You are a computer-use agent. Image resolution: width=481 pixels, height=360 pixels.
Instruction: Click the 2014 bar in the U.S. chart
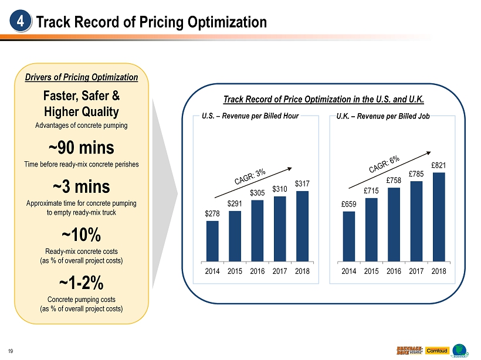[x=212, y=240]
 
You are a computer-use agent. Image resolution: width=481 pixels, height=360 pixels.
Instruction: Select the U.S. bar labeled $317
[x=303, y=226]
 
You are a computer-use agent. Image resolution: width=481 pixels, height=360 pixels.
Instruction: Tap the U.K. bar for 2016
[x=394, y=224]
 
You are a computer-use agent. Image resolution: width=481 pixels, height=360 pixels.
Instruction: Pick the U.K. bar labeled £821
[x=439, y=216]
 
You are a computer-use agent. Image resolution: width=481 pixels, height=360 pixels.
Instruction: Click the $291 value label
[x=235, y=203]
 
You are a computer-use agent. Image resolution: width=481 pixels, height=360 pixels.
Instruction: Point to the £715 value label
[x=371, y=191]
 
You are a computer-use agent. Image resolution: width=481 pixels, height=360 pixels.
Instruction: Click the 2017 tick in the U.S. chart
[x=280, y=271]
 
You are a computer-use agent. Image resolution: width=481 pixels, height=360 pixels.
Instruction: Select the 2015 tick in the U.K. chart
[x=371, y=271]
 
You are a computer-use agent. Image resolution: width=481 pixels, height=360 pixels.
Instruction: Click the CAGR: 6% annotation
[x=384, y=164]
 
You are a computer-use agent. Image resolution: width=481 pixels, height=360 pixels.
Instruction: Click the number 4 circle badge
[x=20, y=22]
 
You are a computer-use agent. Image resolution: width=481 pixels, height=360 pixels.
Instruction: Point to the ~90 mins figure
[x=82, y=146]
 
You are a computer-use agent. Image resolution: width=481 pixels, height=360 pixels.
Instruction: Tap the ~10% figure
[x=82, y=235]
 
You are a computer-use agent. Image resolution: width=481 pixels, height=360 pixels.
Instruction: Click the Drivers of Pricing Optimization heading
[x=82, y=77]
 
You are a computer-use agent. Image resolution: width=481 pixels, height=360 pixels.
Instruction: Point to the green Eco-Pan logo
[x=460, y=348]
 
